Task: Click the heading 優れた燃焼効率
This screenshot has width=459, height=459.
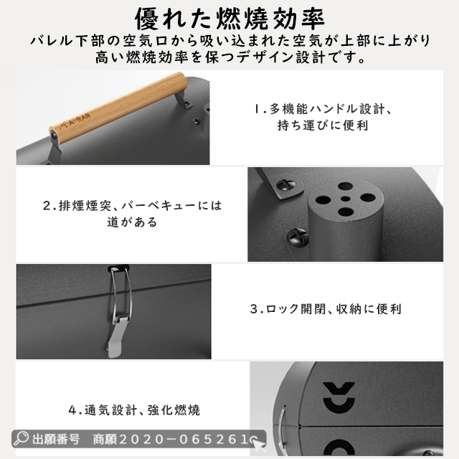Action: [x=229, y=19]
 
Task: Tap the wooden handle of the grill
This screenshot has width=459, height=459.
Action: [x=118, y=108]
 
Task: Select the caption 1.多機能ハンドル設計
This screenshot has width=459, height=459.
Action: [x=322, y=109]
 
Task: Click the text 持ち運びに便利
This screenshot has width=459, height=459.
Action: [x=323, y=126]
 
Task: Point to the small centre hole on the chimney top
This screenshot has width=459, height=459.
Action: [x=346, y=199]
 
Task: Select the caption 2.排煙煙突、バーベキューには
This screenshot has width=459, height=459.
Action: [x=133, y=206]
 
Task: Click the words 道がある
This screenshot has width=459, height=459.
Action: [x=132, y=222]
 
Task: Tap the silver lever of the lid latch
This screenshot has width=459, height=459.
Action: [x=116, y=336]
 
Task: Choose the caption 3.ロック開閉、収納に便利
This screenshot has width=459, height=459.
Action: [x=326, y=309]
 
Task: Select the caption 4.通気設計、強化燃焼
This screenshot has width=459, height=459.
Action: [x=134, y=410]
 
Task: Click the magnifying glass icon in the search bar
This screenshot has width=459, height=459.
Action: [x=21, y=438]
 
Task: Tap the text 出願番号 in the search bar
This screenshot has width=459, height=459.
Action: [x=56, y=439]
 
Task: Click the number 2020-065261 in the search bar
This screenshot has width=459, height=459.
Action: [x=184, y=439]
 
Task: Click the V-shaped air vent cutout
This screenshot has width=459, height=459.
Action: [x=339, y=388]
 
